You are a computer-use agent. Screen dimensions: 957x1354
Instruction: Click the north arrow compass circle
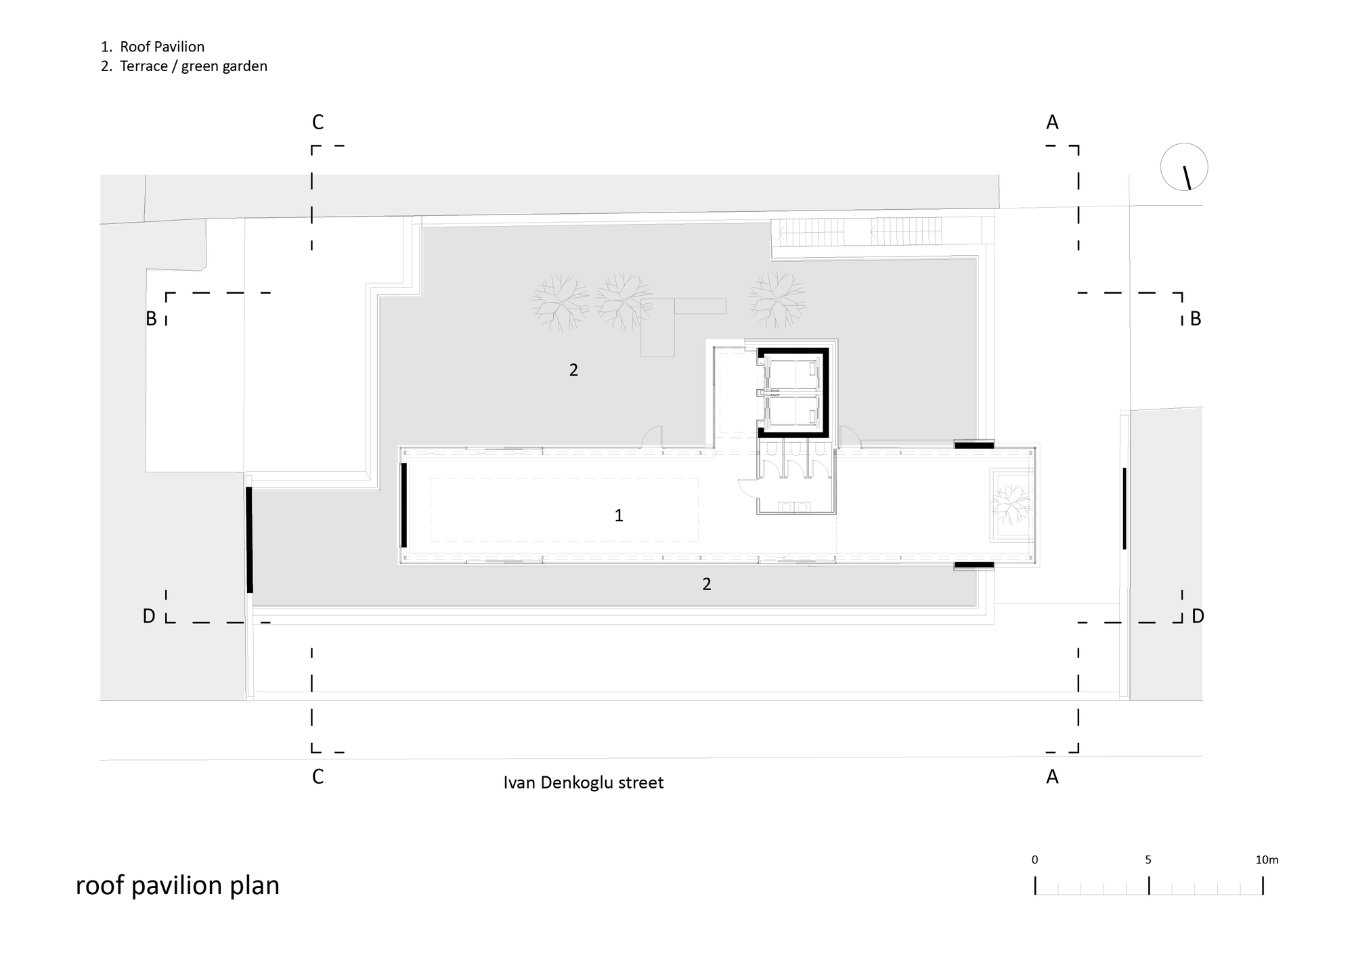pos(1184,167)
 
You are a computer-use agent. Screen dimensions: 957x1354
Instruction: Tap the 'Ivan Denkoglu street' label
pos(583,782)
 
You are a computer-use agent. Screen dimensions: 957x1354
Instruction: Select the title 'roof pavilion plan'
pos(177,885)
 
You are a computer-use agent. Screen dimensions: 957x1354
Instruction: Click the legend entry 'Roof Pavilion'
pos(162,47)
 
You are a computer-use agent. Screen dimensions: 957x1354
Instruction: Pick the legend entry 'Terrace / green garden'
pos(193,66)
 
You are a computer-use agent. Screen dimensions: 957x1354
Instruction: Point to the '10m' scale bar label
pos(1267,860)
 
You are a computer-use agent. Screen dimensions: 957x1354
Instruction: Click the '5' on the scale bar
pos(1148,860)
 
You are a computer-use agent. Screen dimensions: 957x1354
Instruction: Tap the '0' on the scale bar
pos(1034,860)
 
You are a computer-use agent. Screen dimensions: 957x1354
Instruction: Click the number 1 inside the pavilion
pos(619,516)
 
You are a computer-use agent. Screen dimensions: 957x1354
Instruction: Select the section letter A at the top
pos(1052,123)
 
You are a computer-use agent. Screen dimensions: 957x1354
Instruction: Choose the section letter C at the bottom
pos(318,777)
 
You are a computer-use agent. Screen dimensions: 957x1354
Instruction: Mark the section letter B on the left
pos(152,318)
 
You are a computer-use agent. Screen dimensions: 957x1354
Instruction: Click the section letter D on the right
pos(1198,616)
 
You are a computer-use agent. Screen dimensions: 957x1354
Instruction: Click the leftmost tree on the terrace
pos(560,302)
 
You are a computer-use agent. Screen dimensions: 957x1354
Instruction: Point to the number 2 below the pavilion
pos(707,584)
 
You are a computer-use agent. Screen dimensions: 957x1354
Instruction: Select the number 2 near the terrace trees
pos(573,370)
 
